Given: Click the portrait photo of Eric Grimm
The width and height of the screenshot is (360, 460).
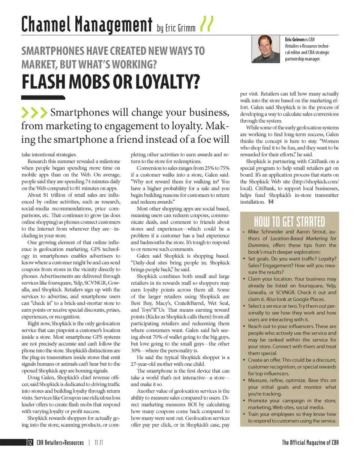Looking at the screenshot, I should coord(267,49).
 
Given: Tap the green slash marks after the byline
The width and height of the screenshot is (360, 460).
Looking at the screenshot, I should coord(207,24).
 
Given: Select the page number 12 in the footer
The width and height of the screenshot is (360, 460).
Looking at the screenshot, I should coord(29,443).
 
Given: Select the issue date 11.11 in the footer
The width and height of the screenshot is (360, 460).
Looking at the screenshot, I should coord(99,443).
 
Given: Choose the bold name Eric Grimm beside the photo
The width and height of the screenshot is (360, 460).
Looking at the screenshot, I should coord(294,39).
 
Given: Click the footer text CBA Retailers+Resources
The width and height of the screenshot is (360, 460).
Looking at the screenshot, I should coord(60,443).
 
